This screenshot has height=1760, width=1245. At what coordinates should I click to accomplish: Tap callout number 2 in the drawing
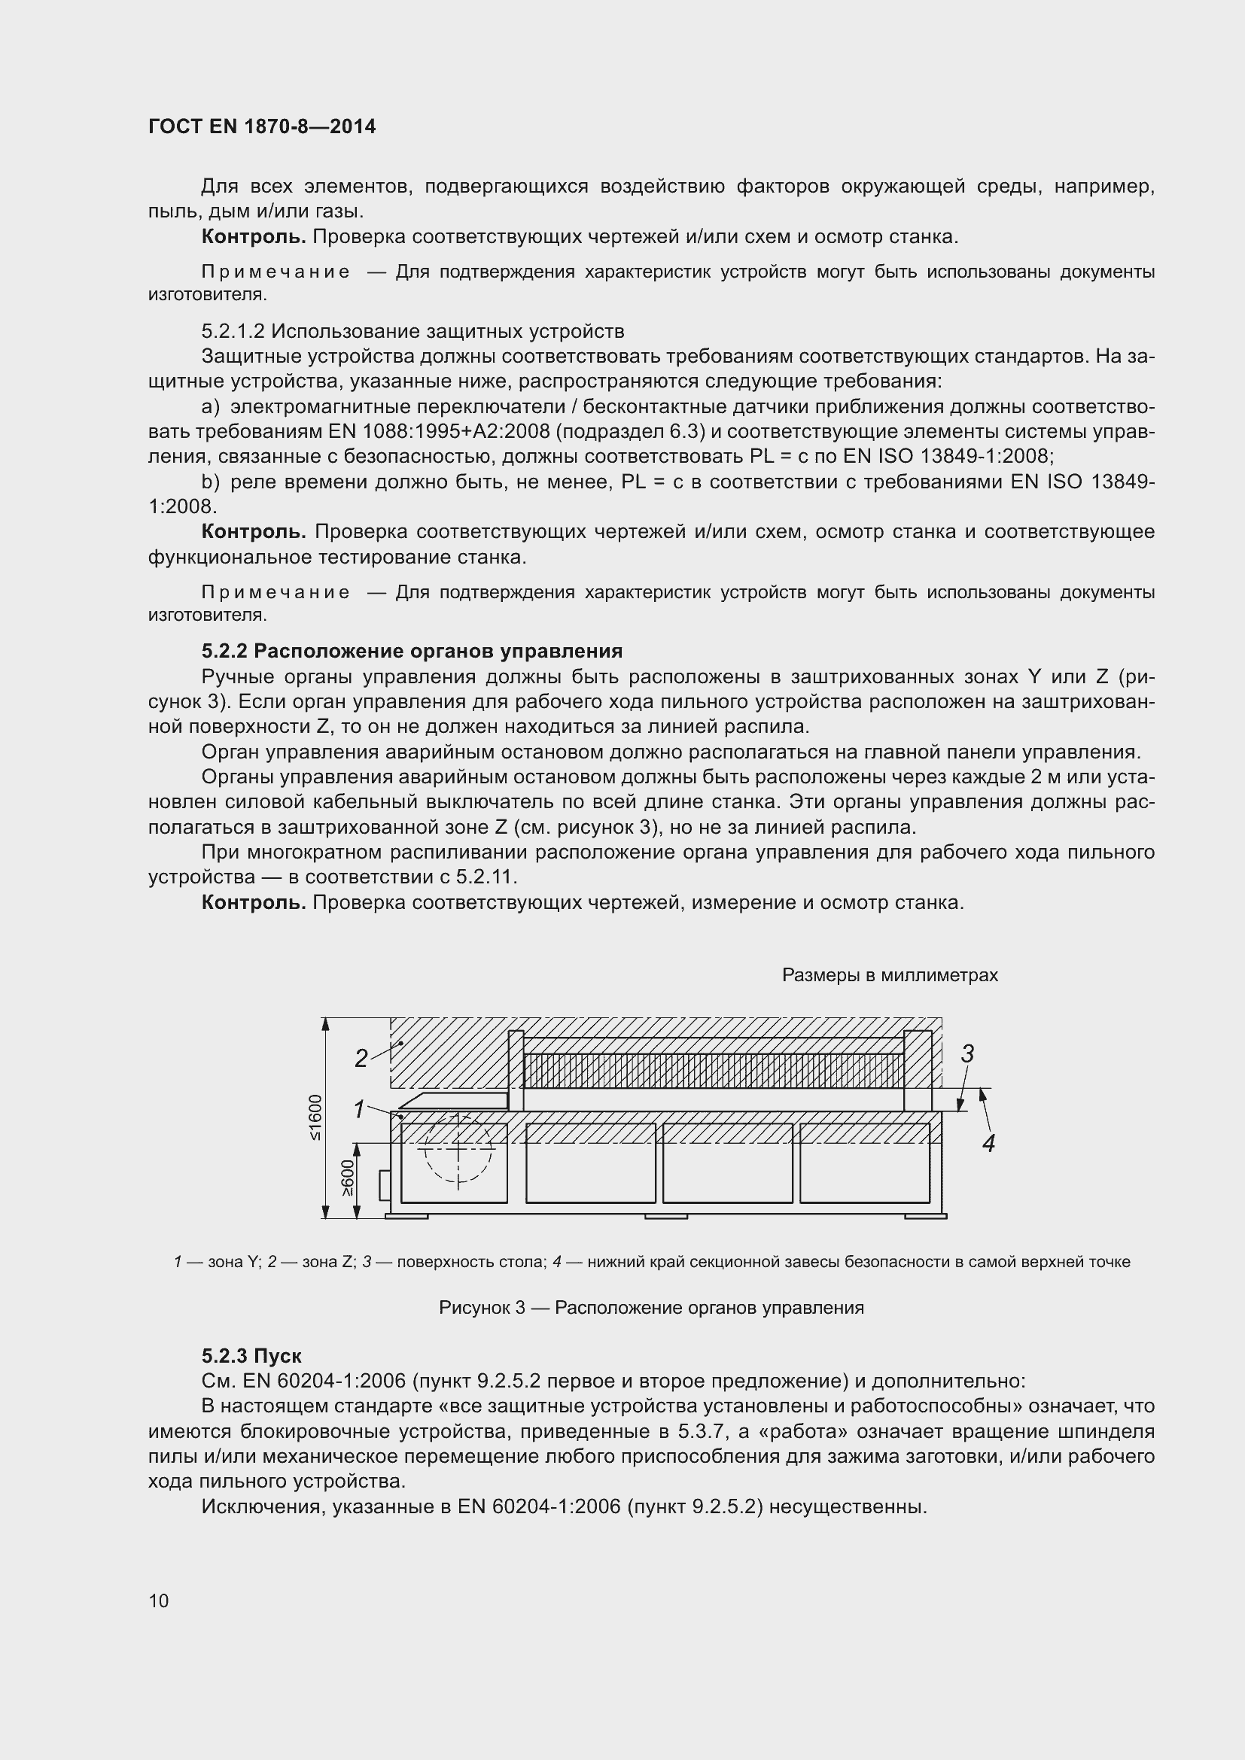pyautogui.click(x=361, y=1059)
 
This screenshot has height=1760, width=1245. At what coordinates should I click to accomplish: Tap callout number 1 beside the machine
pyautogui.click(x=358, y=1108)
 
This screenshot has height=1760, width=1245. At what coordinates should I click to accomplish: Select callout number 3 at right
pyautogui.click(x=967, y=1054)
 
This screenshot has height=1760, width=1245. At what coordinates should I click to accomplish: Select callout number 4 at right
pyautogui.click(x=988, y=1143)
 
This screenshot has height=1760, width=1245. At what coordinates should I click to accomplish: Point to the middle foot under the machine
pyautogui.click(x=665, y=1216)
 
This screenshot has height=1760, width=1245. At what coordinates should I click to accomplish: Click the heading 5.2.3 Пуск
pyautogui.click(x=251, y=1355)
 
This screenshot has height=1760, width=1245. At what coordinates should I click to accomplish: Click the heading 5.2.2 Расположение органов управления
pyautogui.click(x=412, y=651)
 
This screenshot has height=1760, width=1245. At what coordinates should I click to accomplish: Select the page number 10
pyautogui.click(x=159, y=1600)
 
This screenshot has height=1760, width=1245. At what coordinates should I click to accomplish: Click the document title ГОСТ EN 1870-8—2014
pyautogui.click(x=261, y=126)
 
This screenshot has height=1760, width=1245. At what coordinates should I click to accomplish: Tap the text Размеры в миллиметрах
pyautogui.click(x=889, y=975)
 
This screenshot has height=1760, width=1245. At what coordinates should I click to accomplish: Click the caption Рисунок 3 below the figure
pyautogui.click(x=651, y=1307)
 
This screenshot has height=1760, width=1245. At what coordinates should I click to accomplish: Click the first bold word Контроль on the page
pyautogui.click(x=253, y=237)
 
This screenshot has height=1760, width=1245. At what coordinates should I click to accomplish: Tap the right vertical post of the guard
pyautogui.click(x=917, y=1070)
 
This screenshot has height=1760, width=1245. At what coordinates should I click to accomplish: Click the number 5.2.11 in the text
pyautogui.click(x=486, y=876)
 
